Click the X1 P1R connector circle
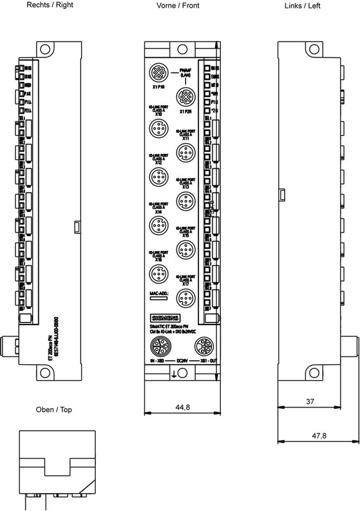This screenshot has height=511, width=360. [157, 71]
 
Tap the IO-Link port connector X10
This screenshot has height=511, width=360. [157, 130]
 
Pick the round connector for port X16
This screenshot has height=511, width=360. [157, 274]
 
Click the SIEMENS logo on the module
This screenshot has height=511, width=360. [165, 319]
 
